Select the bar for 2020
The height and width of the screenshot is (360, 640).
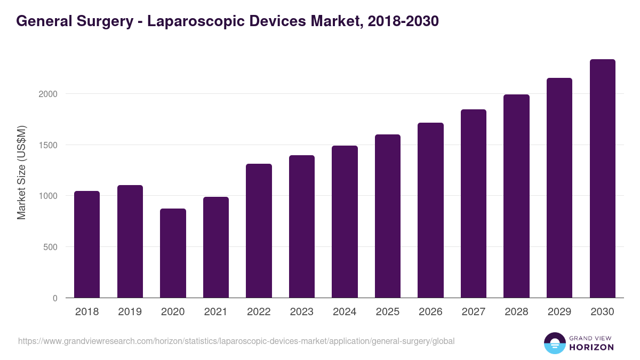[x=173, y=253]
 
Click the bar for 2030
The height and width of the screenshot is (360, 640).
[x=602, y=179]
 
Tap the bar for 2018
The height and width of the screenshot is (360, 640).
[x=87, y=244]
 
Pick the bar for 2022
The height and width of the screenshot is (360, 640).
[x=259, y=231]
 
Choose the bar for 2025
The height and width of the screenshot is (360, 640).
[x=388, y=216]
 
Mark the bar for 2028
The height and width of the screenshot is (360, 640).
[x=516, y=196]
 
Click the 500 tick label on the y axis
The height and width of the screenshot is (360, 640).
[x=49, y=247]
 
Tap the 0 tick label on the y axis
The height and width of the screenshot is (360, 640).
[x=54, y=298]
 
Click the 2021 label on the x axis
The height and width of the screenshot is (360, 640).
[x=215, y=312]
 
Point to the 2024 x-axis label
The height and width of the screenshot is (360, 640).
[x=345, y=312]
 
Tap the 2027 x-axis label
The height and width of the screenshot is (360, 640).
[x=474, y=312]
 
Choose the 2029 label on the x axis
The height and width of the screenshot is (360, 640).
[x=559, y=312]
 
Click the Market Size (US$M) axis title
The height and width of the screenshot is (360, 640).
[x=21, y=172]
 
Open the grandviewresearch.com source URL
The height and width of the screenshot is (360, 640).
[x=236, y=341]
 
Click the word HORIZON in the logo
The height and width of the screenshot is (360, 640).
[x=591, y=347]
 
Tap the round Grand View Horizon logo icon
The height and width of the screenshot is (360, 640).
[x=555, y=343]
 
